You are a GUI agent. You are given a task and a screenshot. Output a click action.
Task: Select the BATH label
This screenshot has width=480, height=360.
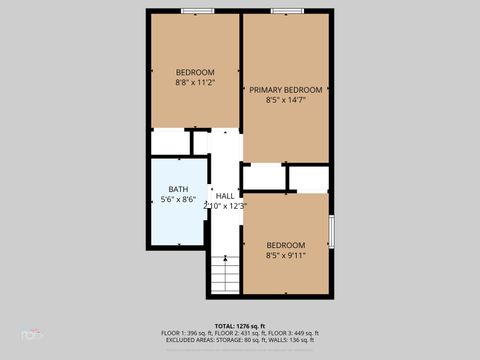[178, 189]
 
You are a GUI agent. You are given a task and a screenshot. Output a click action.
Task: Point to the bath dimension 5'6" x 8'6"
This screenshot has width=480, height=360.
[178, 200]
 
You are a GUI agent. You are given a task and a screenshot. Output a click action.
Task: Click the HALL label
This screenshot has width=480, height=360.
[225, 196]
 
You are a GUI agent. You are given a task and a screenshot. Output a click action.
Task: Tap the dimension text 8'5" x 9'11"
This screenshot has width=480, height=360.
[286, 255]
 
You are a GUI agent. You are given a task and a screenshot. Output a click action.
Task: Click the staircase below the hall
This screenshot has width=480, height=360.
[226, 275]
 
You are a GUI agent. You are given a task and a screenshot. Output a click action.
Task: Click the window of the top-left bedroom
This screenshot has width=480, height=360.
[195, 11]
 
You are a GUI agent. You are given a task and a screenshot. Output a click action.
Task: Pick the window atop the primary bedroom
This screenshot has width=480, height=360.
[286, 11]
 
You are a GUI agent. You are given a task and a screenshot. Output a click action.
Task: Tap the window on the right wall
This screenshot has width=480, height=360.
[330, 230]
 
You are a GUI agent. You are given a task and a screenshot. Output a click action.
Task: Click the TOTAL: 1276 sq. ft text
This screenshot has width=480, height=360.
[239, 326]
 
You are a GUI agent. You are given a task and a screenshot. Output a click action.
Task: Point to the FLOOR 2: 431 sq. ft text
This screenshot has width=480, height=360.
[239, 333]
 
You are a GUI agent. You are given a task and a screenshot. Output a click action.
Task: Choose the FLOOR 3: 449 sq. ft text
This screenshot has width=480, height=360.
[294, 333]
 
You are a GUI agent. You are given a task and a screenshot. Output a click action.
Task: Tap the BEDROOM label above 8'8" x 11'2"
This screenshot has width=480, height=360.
[195, 72]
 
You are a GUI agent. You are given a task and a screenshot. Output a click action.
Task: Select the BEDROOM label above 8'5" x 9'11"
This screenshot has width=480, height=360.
[286, 244]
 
